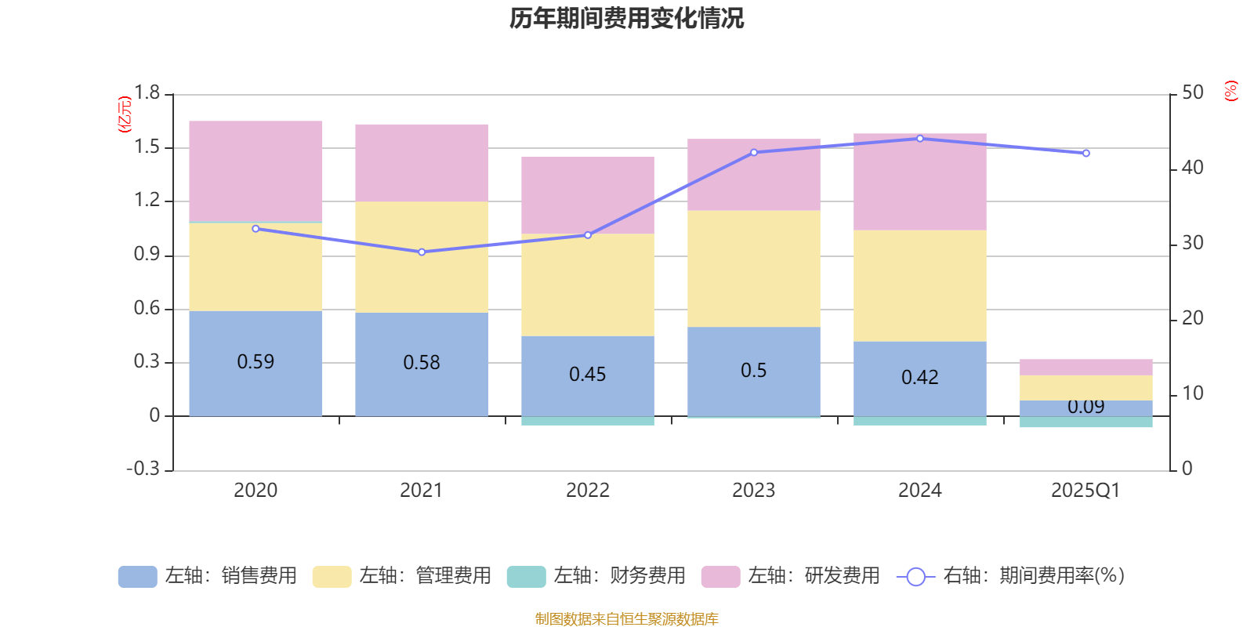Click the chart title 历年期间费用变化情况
pos(626,18)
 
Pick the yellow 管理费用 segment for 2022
pos(587,285)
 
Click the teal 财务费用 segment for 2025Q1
pos(1085,422)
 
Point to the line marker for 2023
pos(754,153)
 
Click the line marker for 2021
pos(422,252)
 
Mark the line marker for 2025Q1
pos(1085,154)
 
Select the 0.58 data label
pos(422,363)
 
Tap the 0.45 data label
pos(587,375)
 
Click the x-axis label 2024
pos(919,491)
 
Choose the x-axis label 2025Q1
pos(1085,491)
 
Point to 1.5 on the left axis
pos(147,147)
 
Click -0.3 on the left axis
pos(143,469)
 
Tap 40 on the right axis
pos(1192,168)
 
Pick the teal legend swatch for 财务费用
pos(526,577)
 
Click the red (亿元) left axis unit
pos(124,114)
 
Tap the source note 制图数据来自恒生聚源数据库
pos(626,619)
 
